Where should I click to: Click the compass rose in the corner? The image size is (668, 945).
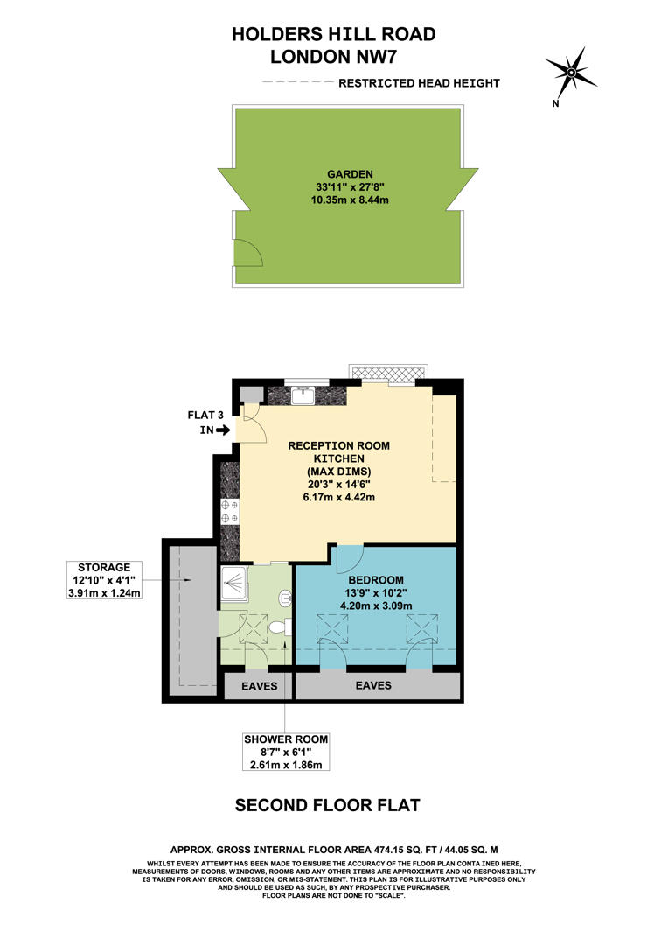pyautogui.click(x=570, y=72)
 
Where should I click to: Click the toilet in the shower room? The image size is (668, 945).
pyautogui.click(x=279, y=626)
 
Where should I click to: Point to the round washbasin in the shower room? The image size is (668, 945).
pyautogui.click(x=284, y=598)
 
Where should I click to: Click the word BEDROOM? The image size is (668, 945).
pyautogui.click(x=376, y=580)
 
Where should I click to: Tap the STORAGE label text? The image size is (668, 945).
pyautogui.click(x=102, y=567)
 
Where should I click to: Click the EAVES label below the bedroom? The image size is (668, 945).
pyautogui.click(x=373, y=685)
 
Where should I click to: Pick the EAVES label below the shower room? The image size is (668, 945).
pyautogui.click(x=259, y=687)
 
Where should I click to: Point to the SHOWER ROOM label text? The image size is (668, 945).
pyautogui.click(x=286, y=739)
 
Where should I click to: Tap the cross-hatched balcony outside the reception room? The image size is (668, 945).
pyautogui.click(x=390, y=374)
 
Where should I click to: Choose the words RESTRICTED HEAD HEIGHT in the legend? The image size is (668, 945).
pyautogui.click(x=419, y=83)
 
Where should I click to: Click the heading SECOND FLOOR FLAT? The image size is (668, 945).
pyautogui.click(x=328, y=805)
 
